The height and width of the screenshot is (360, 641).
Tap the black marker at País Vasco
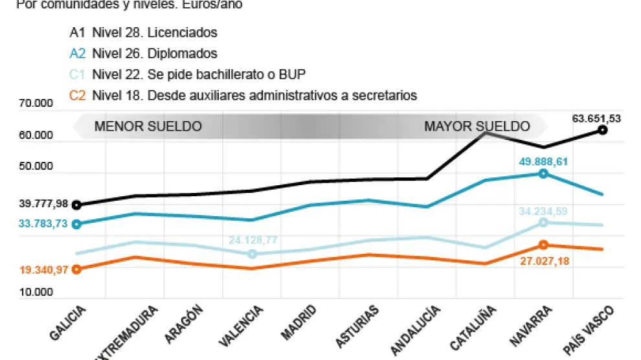602,130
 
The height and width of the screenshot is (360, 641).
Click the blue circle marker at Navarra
543,174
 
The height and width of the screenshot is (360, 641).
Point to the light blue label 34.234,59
543,210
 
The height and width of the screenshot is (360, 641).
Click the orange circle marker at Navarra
543,245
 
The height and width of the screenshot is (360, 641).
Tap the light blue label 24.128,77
253,240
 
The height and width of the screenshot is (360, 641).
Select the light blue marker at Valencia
253,254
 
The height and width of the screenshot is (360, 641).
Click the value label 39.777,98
44,203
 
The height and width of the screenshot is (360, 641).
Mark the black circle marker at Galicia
77,205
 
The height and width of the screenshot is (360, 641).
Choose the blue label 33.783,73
44,224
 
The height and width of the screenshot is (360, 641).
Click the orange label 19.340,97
44,269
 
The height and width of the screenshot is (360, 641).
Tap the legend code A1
77,32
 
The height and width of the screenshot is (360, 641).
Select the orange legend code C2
77,95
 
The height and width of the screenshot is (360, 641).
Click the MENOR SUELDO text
148,126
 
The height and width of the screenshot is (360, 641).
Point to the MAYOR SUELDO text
477,126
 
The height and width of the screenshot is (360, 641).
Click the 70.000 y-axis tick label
36,103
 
